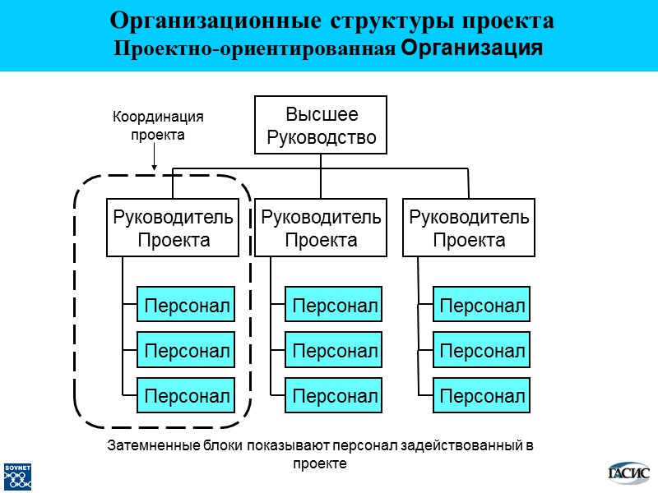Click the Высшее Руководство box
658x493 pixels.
[321, 126]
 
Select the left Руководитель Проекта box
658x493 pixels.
[173, 228]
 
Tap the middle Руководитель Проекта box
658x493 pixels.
[321, 228]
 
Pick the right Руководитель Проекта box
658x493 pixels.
[469, 228]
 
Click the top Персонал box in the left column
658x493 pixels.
[186, 306]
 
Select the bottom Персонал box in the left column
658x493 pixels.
[186, 396]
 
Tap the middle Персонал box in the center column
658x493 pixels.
[334, 351]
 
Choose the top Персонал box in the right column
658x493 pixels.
[482, 306]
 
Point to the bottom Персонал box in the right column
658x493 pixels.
[482, 396]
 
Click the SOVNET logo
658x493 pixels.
[17, 477]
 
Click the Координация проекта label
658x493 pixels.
[157, 126]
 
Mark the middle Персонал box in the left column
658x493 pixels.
[186, 351]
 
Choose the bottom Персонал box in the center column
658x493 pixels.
[334, 396]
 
